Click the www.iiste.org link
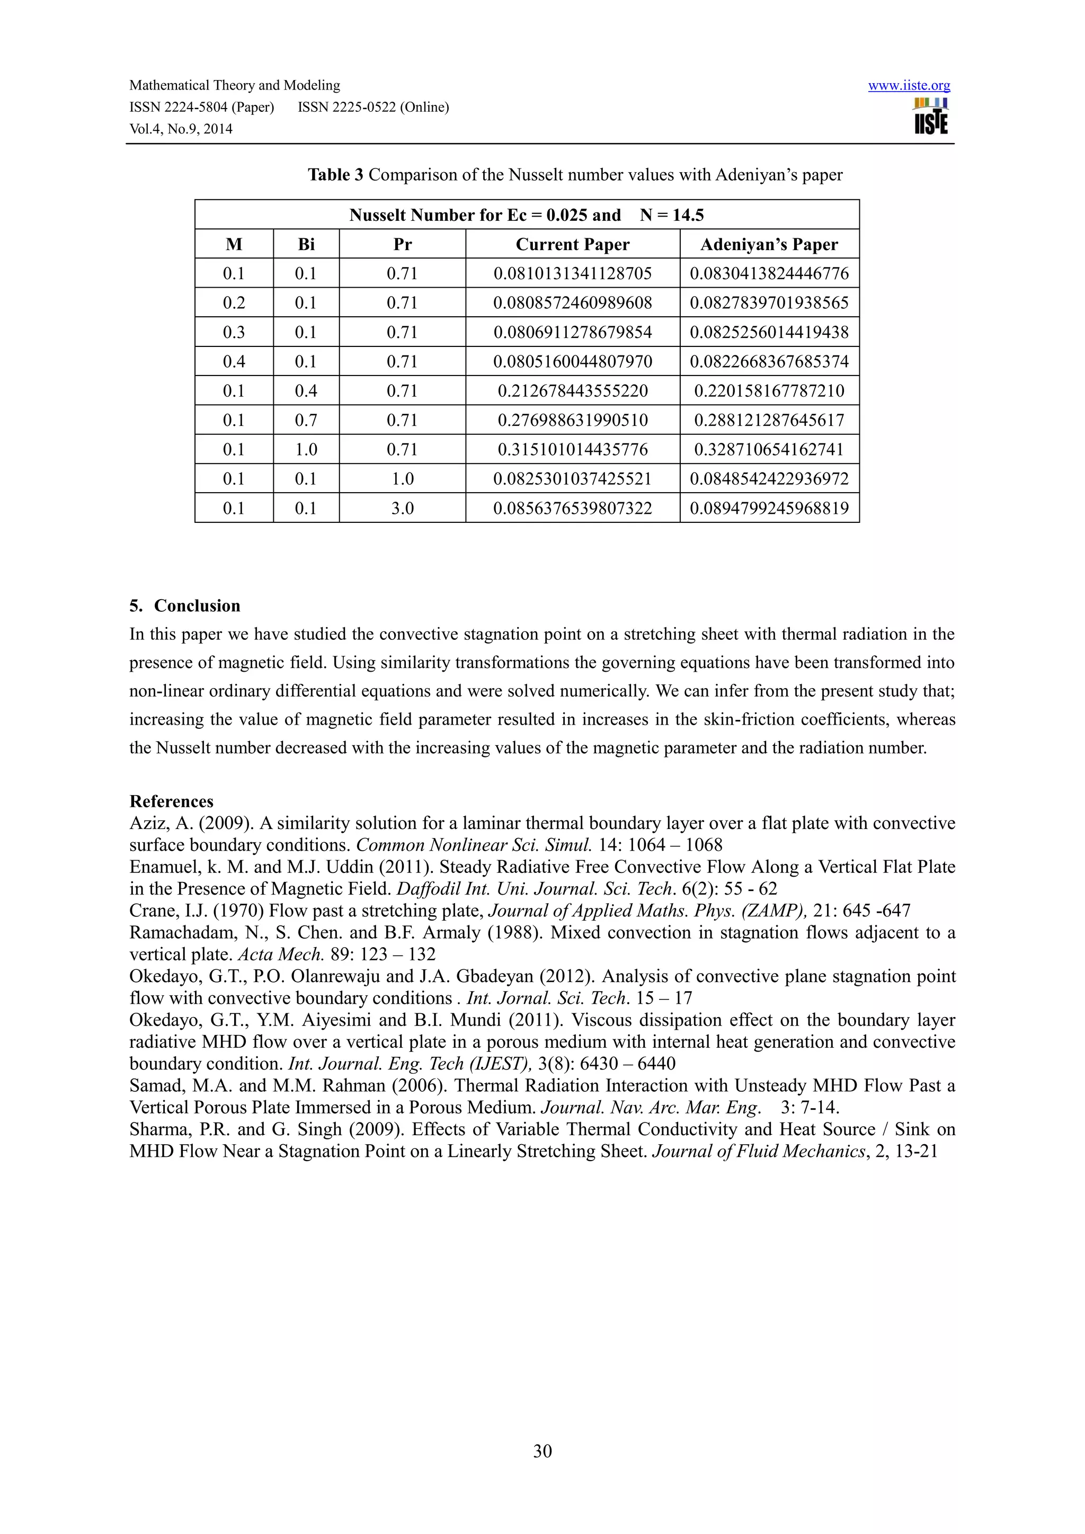(909, 85)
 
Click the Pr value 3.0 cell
(402, 509)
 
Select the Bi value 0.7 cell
(306, 420)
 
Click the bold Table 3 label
(335, 175)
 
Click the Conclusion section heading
(197, 606)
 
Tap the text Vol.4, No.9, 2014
(180, 129)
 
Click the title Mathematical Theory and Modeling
(235, 85)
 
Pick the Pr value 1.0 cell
(402, 479)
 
